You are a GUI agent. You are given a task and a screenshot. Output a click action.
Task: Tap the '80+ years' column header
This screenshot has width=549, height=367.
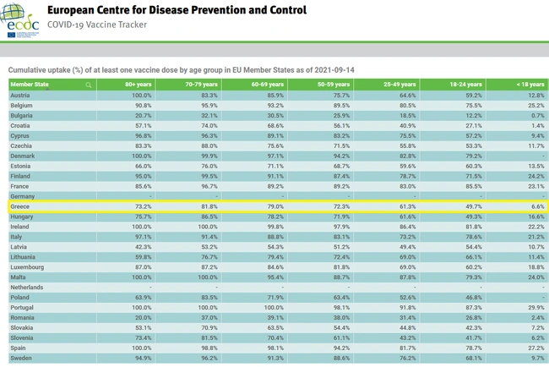coord(138,85)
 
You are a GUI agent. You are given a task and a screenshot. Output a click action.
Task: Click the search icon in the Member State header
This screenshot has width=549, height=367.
coord(88,85)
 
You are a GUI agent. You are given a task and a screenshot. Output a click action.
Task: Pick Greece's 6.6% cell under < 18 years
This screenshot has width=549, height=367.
coord(538,206)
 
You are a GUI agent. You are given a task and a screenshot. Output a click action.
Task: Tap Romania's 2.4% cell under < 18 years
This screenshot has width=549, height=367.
coord(538,317)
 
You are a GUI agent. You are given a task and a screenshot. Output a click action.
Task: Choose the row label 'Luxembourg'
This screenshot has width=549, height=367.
coord(28,267)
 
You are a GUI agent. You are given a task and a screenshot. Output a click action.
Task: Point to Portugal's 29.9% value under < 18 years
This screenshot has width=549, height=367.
coord(536,307)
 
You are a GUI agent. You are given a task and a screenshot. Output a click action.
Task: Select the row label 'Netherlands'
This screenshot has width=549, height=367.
coord(27,288)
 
